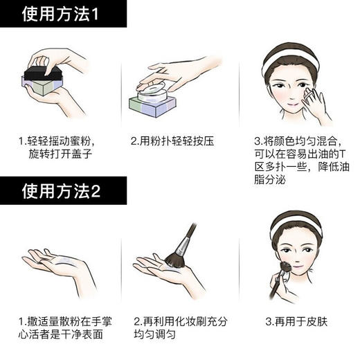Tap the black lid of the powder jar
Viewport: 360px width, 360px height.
pos(44,77)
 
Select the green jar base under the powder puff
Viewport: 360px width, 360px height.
pos(153,105)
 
